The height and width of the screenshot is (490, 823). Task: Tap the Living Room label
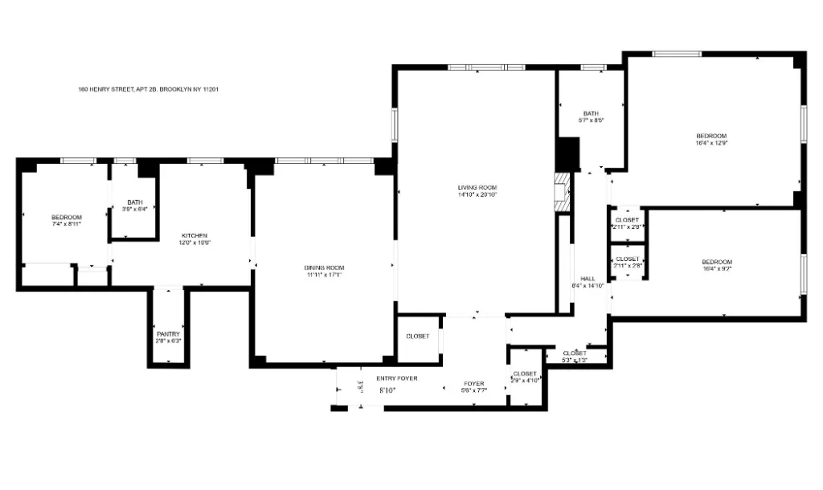point(477,187)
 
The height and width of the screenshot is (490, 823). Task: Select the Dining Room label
point(324,267)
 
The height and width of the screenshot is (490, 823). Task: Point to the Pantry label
point(168,333)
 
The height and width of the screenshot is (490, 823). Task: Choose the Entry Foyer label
point(397,378)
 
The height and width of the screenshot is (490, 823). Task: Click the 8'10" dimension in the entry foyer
point(387,390)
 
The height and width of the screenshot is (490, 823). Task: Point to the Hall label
point(587,279)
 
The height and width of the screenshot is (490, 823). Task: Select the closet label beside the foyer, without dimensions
point(417,336)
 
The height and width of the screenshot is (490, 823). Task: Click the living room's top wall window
point(485,67)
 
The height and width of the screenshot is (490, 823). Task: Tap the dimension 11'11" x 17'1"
point(324,275)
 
